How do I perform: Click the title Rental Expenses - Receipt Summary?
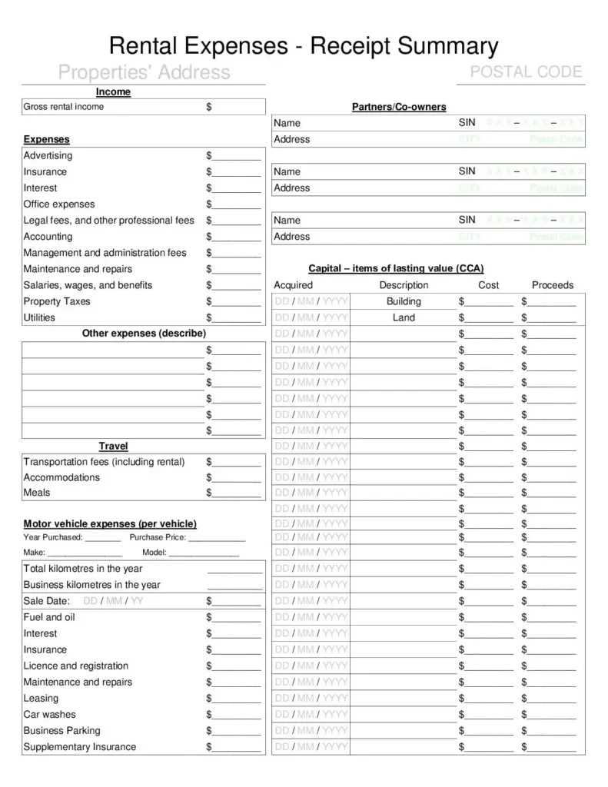304,46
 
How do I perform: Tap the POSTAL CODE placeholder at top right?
527,72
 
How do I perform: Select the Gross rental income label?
64,107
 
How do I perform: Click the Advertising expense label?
48,155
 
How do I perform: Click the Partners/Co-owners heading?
399,107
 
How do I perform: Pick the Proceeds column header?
552,285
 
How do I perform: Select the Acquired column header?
294,285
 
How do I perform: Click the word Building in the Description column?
404,301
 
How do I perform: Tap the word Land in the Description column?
404,317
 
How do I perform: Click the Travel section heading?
113,446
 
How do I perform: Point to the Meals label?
37,493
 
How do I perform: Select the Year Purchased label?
53,537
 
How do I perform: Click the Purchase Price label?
158,537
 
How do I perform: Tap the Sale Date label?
47,601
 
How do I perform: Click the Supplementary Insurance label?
80,746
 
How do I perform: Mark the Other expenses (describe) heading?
144,334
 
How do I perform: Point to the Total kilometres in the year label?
83,569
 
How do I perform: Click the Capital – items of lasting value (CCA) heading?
396,269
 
